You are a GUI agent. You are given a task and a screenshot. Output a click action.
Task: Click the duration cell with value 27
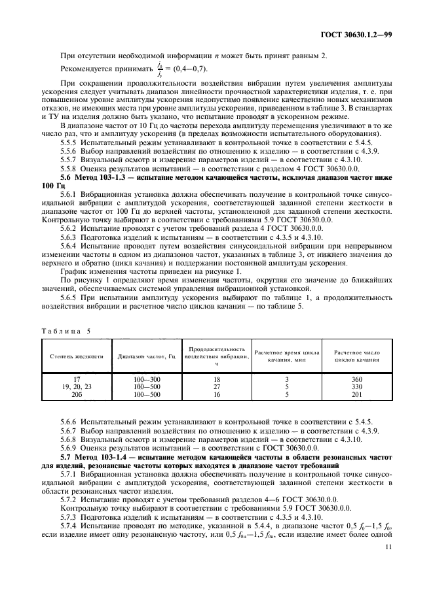click(x=217, y=386)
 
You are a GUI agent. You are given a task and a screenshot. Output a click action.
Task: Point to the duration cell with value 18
click(x=217, y=379)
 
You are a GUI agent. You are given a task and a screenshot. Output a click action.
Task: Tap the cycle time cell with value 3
click(x=286, y=379)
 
